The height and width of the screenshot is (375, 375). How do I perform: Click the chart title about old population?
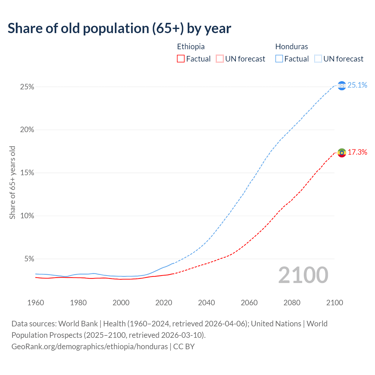pos(119,28)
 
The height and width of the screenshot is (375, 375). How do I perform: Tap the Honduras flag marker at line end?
pos(342,86)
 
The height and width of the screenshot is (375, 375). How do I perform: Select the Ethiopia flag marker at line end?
pos(342,153)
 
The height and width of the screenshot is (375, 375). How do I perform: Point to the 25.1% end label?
pos(357,85)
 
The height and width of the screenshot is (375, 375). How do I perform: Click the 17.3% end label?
pos(357,152)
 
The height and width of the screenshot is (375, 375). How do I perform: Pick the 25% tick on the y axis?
pos(27,87)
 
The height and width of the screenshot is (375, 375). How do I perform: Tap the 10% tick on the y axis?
pos(27,216)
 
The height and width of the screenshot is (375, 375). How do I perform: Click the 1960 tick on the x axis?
pos(35,303)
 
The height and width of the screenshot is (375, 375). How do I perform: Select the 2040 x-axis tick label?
pos(206,303)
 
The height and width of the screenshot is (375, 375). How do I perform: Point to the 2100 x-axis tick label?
pos(334,303)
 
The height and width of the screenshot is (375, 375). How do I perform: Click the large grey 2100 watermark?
pos(303,275)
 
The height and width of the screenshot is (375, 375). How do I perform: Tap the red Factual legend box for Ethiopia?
pos(181,59)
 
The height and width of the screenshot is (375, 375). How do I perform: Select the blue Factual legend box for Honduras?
pos(279,59)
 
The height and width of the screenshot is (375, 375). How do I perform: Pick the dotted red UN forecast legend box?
pos(220,59)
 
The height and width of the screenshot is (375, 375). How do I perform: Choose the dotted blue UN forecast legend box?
pos(318,59)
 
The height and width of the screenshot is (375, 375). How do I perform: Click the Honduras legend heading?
pos(292,47)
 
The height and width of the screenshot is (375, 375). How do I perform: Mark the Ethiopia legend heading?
pos(191,47)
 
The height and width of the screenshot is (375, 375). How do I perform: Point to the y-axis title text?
pos(12,183)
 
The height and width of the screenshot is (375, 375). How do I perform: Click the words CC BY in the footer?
pos(184,347)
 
